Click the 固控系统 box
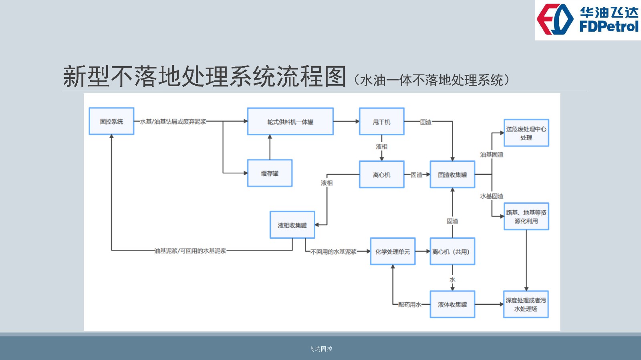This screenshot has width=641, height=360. pos(111,121)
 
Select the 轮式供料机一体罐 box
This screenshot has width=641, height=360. pos(290,122)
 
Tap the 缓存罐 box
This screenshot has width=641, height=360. pos(270,173)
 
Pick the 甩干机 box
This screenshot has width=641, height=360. pos(381,122)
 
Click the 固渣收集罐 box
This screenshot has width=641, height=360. pos(452,175)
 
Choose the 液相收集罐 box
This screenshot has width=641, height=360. pos(292,225)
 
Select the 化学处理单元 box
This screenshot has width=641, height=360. pos(393,251)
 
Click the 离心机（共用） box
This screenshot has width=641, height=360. pos(452,251)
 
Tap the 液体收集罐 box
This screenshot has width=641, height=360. pos(452,304)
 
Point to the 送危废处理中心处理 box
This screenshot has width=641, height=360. pos(526,133)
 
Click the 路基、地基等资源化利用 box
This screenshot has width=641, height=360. pos(526,217)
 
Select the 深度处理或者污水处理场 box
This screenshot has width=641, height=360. pos(526,304)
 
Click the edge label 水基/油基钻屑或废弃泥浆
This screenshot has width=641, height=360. pos(173,121)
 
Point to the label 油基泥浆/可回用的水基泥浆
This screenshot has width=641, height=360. pos(190,251)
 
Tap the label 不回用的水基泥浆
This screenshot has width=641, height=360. pos(333,252)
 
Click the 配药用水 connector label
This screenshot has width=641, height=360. pos(409,305)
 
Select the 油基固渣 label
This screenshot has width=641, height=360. pos(492,155)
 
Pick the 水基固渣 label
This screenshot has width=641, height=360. pos(492,196)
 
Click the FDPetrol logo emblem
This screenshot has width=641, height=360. pos(555,20)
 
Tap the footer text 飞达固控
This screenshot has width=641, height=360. pos(321,349)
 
